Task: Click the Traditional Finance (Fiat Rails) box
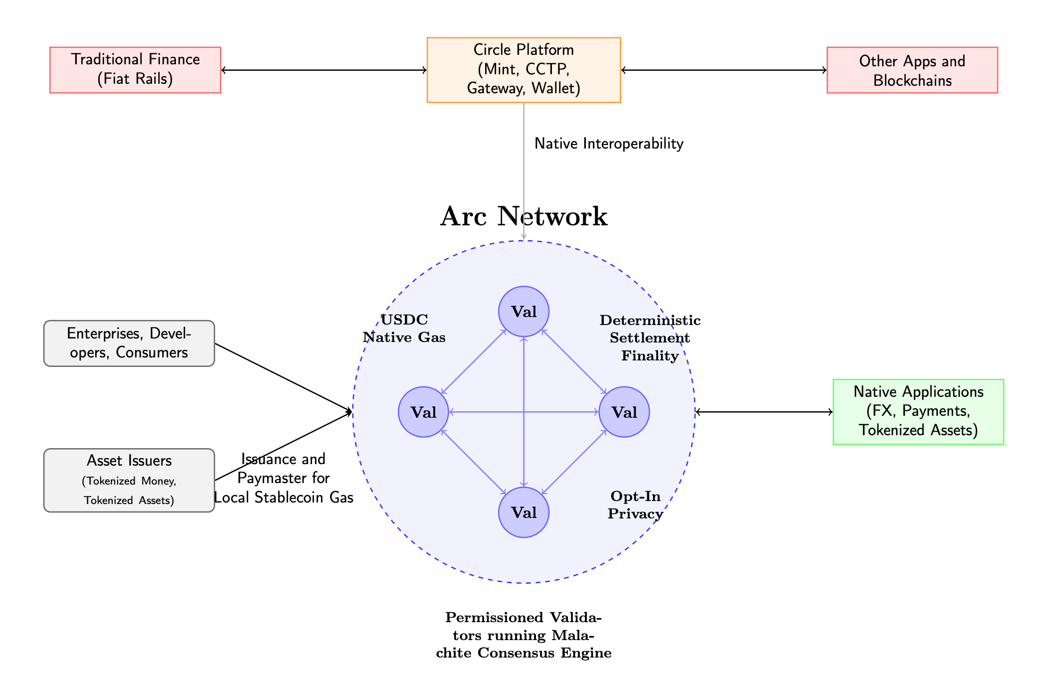135,70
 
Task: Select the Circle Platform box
524,70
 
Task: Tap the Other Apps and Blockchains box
912,70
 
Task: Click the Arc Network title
524,217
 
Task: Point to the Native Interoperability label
608,144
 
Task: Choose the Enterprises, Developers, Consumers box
129,343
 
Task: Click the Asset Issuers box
129,480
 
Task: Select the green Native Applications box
918,411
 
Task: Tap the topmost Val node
524,312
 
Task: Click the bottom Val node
524,512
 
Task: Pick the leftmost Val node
423,412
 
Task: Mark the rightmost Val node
624,412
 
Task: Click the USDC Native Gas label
404,329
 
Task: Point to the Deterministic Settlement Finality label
650,338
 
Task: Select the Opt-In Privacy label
635,505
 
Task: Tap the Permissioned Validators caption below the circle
524,635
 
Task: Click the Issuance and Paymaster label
283,478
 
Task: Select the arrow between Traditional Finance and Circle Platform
324,70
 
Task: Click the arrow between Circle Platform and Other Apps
723,70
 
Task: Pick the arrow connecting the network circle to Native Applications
764,412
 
